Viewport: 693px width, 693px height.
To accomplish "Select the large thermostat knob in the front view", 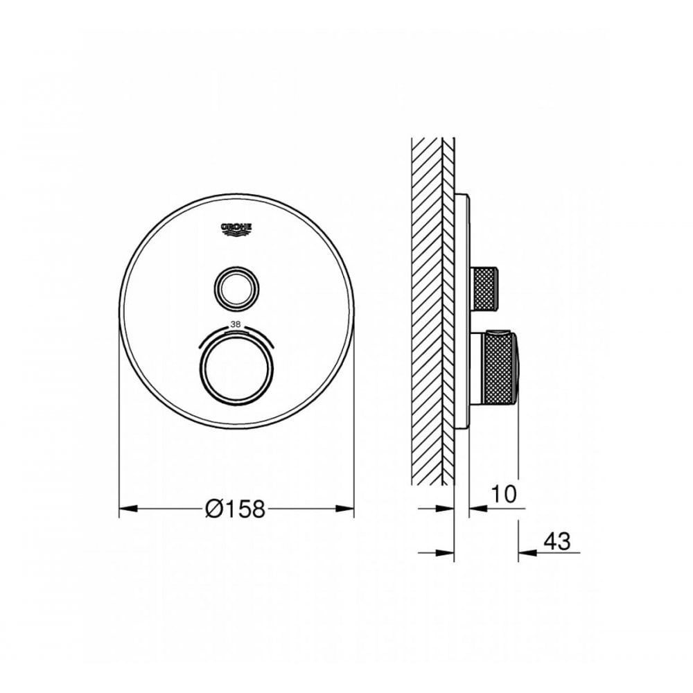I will click(237, 367).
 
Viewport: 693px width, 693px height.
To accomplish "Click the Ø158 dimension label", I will click(235, 509).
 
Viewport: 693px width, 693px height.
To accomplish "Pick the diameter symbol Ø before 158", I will click(213, 509).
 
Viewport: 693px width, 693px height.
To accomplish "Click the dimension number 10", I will click(504, 494).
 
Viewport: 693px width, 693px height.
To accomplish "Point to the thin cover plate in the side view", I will click(463, 312).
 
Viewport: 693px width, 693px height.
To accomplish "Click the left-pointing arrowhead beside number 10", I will click(477, 509).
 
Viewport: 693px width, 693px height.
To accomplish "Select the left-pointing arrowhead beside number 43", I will click(526, 552).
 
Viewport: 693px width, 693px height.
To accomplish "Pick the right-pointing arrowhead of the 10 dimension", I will click(447, 509).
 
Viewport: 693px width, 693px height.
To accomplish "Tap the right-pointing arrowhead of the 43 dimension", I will click(447, 552).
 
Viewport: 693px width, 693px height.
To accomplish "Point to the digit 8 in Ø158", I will click(257, 509).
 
